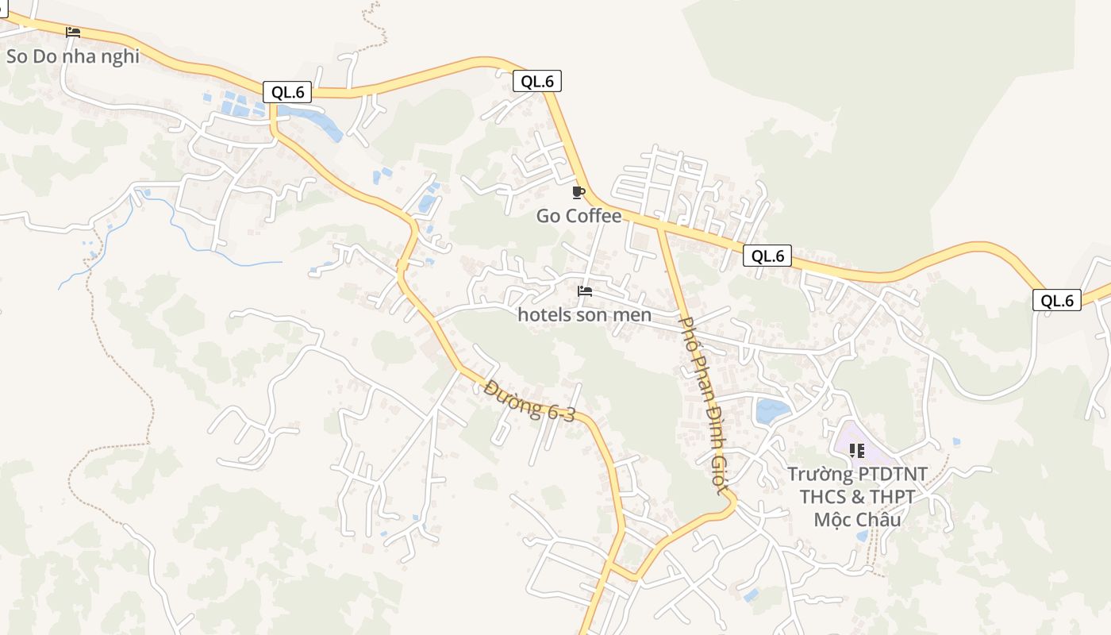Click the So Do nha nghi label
point(73,56)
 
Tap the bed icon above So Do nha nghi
point(73,33)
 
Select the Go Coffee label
point(579,216)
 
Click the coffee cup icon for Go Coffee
point(579,193)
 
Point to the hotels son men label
point(584,315)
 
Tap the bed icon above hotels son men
point(585,291)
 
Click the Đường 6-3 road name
point(529,401)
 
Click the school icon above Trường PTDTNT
point(856,451)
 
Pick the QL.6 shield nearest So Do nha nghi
point(287,92)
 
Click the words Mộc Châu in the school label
point(857,520)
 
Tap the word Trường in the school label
point(821,475)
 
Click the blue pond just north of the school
point(772,410)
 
